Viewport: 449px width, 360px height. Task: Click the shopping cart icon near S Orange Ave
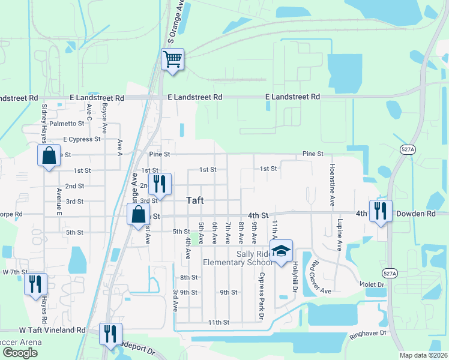pos(172,59)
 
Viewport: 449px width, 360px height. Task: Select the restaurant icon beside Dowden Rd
pos(381,211)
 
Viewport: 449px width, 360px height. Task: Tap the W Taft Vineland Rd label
pos(52,330)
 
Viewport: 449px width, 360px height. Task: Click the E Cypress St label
pos(80,139)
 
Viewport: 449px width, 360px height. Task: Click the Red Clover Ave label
pos(319,277)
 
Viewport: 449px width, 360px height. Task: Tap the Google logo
pos(20,353)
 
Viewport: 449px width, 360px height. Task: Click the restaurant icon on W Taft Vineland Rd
pos(110,332)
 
